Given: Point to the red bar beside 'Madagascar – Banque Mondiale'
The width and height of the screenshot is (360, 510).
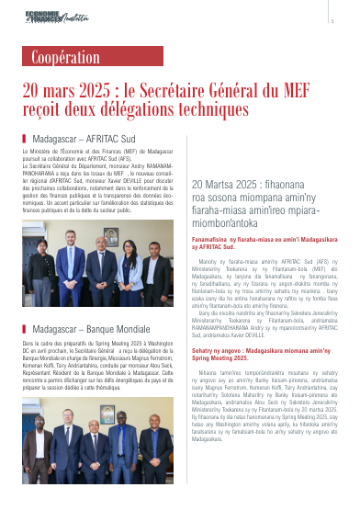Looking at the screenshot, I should coord(24,328).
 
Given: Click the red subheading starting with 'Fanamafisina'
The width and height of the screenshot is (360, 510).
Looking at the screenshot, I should coord(262,243).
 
